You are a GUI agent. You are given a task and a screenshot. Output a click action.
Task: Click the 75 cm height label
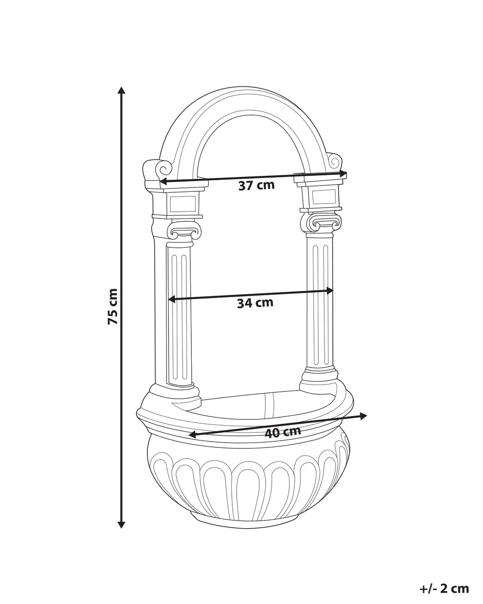click(x=113, y=306)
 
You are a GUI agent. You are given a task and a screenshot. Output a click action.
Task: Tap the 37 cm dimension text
click(x=256, y=186)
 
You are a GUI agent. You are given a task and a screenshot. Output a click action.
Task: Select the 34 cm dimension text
click(x=255, y=303)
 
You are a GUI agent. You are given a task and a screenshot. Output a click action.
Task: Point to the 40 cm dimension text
click(x=283, y=432)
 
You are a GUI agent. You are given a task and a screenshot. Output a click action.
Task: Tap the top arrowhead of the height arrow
click(x=121, y=90)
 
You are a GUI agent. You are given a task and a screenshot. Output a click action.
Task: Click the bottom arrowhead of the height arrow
click(x=121, y=524)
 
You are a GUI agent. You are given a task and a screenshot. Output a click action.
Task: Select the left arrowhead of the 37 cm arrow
click(x=164, y=182)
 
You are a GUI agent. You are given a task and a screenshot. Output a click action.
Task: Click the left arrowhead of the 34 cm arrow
click(x=171, y=299)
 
